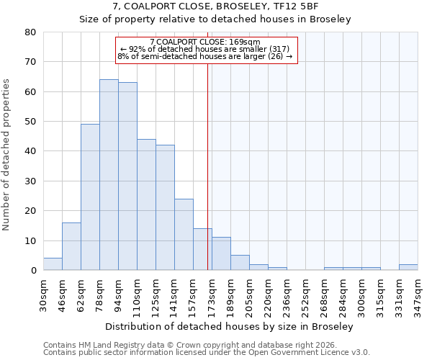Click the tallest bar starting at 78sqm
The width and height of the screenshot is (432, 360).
pos(109,175)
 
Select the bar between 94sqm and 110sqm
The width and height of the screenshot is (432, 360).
pos(127,176)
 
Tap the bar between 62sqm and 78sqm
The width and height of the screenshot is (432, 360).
pos(90,197)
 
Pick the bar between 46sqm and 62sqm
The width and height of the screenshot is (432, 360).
pos(71,246)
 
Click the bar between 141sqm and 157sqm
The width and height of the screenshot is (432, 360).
pos(184,235)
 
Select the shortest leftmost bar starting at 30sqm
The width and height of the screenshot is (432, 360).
pos(53,264)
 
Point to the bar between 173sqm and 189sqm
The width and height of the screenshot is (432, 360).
pos(221,253)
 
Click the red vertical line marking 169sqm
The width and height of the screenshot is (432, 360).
pos(208,166)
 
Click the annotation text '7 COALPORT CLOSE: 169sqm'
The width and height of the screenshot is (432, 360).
pos(205,42)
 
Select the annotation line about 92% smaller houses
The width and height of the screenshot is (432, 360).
pos(205,49)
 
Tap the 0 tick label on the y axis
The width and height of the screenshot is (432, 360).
pos(33,271)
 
